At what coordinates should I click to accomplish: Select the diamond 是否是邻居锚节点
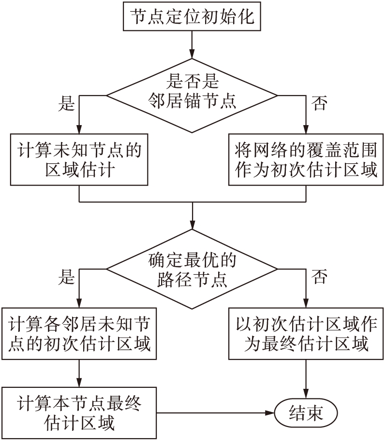[x=192, y=95]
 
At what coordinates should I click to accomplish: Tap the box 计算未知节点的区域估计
[x=79, y=160]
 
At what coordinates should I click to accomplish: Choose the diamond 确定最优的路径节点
[x=192, y=270]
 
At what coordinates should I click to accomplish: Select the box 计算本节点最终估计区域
[x=79, y=413]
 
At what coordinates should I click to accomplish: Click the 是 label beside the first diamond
[x=66, y=103]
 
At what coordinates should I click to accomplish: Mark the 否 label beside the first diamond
[x=319, y=103]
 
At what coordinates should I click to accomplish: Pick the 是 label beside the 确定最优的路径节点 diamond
[x=66, y=277]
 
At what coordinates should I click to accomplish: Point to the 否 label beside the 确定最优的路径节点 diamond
[x=319, y=277]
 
